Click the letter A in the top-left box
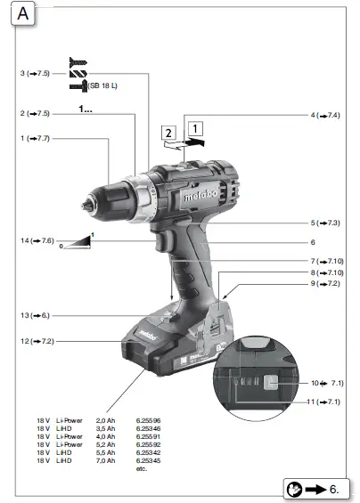click(23, 16)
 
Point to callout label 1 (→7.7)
click(35, 138)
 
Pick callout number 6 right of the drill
click(313, 241)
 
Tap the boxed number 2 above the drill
click(168, 133)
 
